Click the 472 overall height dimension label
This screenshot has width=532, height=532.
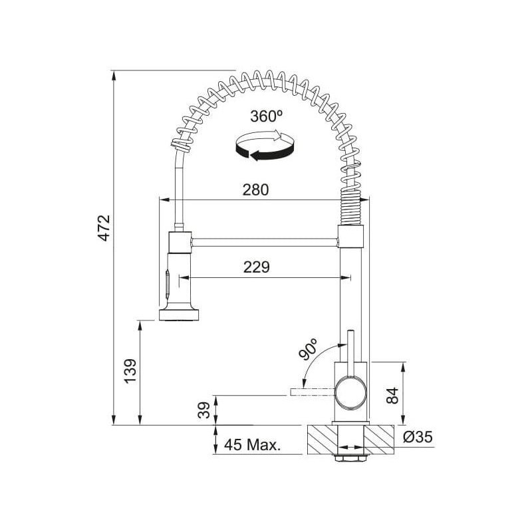pyautogui.click(x=104, y=227)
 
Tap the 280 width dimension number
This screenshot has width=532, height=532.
pyautogui.click(x=255, y=190)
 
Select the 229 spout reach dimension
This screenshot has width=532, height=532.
pyautogui.click(x=257, y=267)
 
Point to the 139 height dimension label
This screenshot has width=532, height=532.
pyautogui.click(x=130, y=371)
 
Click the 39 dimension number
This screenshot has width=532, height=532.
pyautogui.click(x=204, y=410)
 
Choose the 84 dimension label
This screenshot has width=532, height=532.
pyautogui.click(x=393, y=395)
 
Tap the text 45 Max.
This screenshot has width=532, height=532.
pyautogui.click(x=253, y=444)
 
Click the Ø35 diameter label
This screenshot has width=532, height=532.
pyautogui.click(x=418, y=437)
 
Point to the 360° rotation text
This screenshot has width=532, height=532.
pyautogui.click(x=267, y=116)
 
